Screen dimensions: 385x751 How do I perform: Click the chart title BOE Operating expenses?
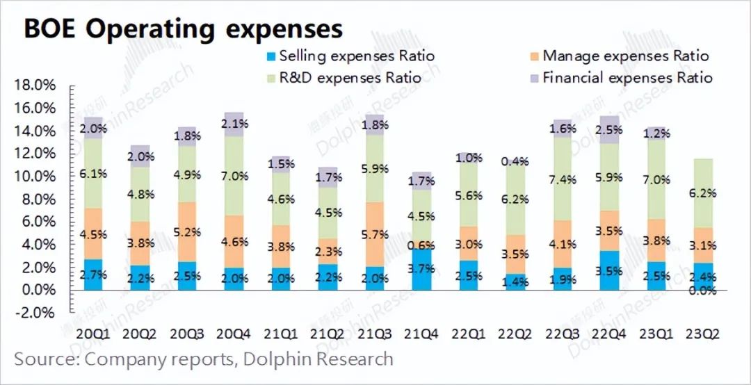(184, 28)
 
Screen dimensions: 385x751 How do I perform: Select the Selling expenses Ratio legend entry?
(357, 56)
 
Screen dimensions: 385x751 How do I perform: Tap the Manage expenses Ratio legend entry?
(625, 56)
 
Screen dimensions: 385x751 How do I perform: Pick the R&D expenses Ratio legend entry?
(350, 77)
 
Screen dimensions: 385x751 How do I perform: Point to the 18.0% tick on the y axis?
(34, 85)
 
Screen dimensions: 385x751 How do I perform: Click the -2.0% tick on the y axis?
(34, 313)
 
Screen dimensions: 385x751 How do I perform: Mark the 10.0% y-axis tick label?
(34, 177)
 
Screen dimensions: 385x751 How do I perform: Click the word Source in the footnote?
(45, 359)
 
